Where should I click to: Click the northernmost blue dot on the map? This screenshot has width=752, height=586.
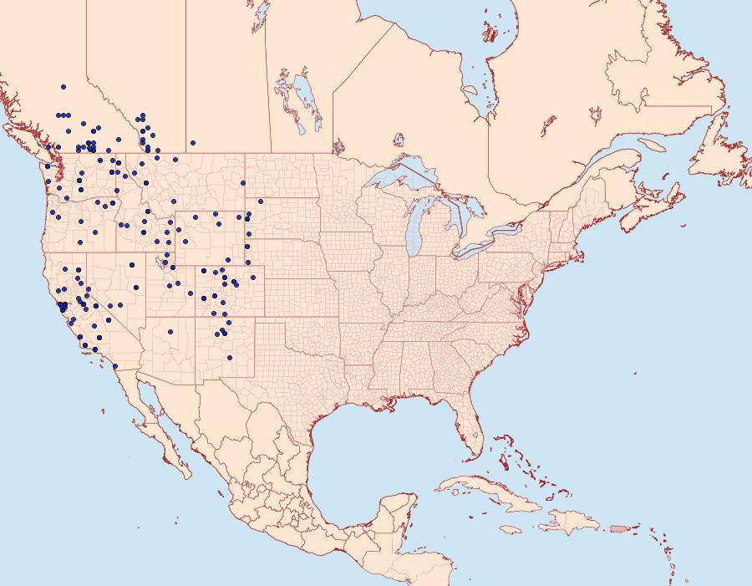(64, 86)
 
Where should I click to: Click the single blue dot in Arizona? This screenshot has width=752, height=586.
(170, 332)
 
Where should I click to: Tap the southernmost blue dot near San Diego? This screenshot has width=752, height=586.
(114, 365)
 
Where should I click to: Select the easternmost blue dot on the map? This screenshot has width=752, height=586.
(261, 201)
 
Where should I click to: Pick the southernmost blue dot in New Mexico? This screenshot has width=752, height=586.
(230, 358)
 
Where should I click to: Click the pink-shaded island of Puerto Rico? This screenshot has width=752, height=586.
(619, 527)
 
